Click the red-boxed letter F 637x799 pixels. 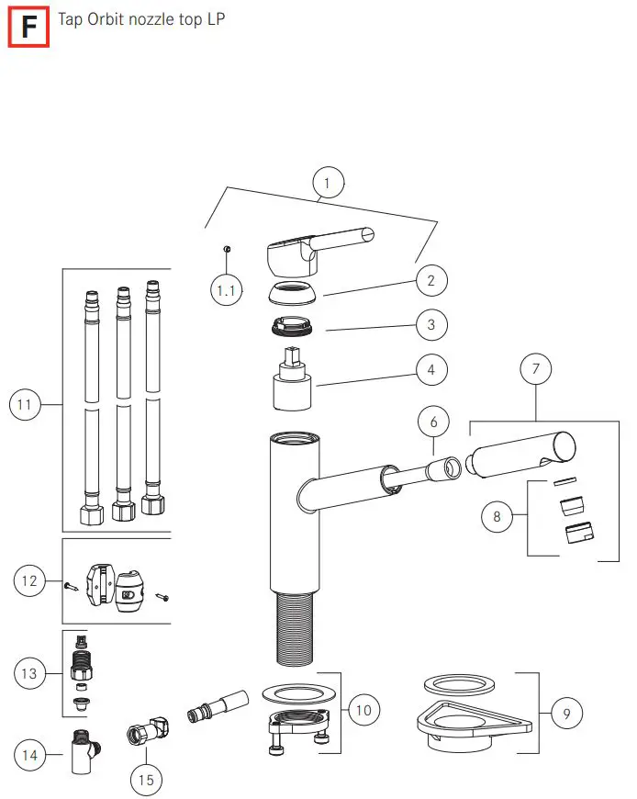coord(29,27)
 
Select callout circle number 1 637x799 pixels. coord(328,183)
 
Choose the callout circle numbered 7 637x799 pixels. coord(536,369)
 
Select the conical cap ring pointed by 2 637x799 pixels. coord(294,296)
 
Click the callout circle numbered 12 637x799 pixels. coord(29,580)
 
